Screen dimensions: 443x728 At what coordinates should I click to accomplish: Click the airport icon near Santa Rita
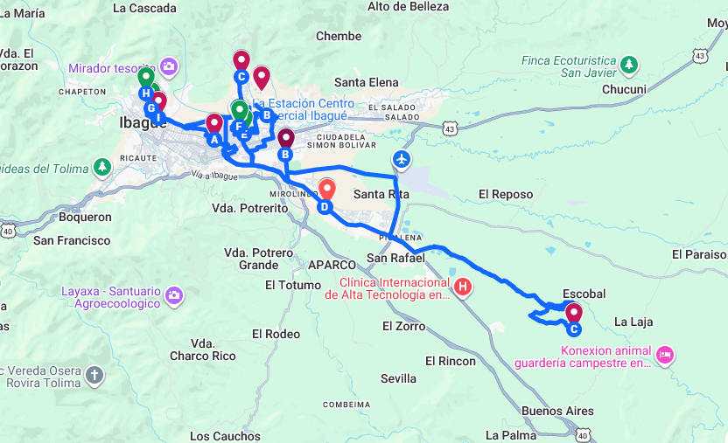(x=402, y=159)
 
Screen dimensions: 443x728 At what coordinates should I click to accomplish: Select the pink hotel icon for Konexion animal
(x=664, y=354)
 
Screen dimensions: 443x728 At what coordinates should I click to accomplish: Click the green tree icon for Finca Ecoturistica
(x=628, y=65)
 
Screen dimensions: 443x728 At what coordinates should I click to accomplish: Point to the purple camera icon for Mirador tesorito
(x=169, y=66)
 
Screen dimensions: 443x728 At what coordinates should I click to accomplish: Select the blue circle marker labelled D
(x=325, y=207)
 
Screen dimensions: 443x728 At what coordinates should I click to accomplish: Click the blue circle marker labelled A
(x=213, y=138)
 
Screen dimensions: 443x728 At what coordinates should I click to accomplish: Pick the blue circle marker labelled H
(x=145, y=93)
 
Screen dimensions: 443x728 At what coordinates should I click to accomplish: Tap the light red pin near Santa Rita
(x=326, y=188)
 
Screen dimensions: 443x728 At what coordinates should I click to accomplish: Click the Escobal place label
(x=584, y=294)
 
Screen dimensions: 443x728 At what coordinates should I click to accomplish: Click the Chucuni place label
(x=624, y=89)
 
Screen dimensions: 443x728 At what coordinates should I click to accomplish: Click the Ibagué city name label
(x=143, y=124)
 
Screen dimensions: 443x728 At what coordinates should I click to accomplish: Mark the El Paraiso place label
(x=699, y=254)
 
